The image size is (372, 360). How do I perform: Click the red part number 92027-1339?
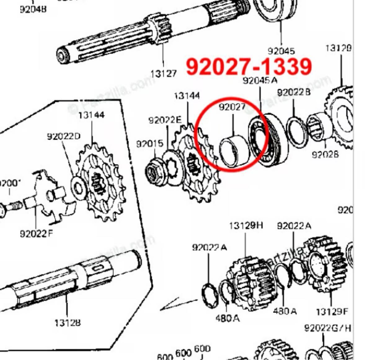pos(249,66)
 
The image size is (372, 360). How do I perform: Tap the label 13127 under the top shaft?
pos(163,74)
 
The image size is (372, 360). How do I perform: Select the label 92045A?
pos(260,81)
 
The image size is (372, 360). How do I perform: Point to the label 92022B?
pos(294,92)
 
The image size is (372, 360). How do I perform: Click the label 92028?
pos(325,154)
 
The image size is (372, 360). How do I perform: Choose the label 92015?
pos(150,144)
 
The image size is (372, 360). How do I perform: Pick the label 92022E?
pos(165,120)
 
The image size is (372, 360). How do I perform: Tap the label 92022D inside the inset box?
pos(64,136)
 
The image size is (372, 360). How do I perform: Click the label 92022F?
pos(36,233)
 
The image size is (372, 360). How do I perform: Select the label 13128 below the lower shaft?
pos(67,323)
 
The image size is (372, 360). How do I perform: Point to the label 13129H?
pos(246,225)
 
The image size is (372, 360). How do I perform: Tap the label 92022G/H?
pos(328,328)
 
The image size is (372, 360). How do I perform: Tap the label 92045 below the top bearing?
pos(281,51)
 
